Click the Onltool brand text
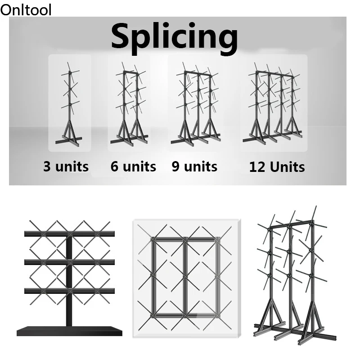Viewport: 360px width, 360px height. click(26, 9)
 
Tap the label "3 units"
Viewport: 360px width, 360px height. click(66, 167)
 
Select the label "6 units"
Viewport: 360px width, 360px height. click(133, 167)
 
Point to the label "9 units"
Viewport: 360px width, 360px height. click(194, 167)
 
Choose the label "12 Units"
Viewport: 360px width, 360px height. click(277, 167)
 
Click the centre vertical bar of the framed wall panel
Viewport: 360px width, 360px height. click(184, 277)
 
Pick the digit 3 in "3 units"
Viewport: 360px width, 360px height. click(47, 167)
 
